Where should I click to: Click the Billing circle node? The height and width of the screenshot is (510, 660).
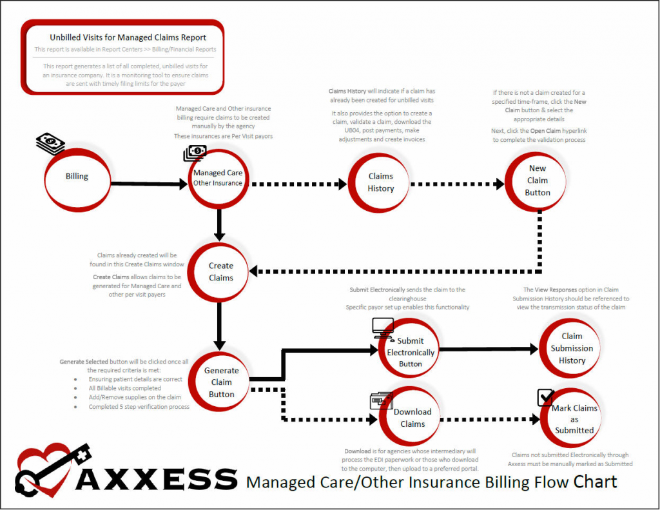coord(77,176)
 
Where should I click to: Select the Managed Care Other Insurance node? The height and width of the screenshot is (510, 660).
coord(218,178)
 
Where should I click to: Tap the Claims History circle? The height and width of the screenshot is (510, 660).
coord(380,182)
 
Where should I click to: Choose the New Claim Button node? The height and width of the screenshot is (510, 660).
coord(538,181)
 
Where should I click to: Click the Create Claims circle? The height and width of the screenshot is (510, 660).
coord(221,271)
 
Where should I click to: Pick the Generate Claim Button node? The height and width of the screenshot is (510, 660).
coord(221,382)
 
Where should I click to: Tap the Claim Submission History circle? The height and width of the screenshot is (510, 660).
coord(572,348)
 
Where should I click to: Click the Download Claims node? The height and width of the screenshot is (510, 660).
coord(412,418)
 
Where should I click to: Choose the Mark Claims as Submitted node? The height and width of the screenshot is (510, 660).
coord(574,419)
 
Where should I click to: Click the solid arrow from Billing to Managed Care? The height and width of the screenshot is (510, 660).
coord(148,184)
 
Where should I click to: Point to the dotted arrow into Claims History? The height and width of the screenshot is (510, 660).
coord(300,184)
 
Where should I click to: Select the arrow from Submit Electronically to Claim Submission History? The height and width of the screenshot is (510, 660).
coord(490,349)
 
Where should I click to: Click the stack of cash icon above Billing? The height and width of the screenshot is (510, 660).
coord(50,144)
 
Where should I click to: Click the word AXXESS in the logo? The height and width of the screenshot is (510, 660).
coord(158,478)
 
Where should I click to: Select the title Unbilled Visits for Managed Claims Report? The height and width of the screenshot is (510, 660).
coord(128,37)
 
